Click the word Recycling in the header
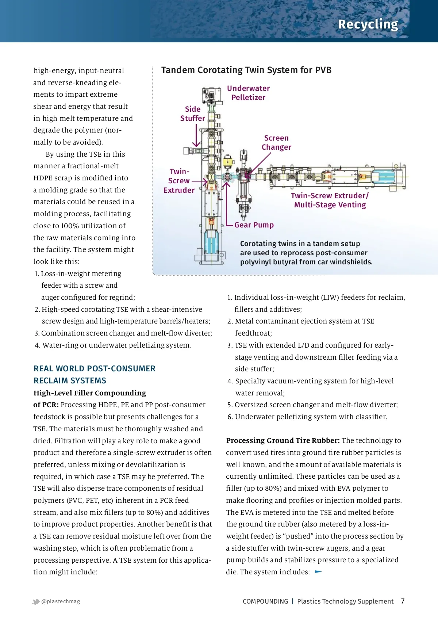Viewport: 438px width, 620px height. click(368, 24)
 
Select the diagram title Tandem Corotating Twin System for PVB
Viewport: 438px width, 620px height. click(246, 70)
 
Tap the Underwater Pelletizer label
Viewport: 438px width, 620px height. click(248, 93)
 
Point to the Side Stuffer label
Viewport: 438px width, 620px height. click(192, 114)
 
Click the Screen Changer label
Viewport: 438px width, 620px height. click(276, 142)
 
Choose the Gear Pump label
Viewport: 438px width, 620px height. click(254, 225)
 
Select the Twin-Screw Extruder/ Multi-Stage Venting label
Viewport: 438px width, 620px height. click(330, 200)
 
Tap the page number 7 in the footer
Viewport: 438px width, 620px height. click(403, 601)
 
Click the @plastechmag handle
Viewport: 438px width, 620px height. click(61, 601)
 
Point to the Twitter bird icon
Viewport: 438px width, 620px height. click(36, 601)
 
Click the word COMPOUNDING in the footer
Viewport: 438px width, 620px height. click(265, 601)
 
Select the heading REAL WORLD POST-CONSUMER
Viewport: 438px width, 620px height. click(95, 368)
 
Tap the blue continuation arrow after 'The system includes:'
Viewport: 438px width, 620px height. click(318, 571)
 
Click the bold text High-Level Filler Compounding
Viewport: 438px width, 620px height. click(90, 393)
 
